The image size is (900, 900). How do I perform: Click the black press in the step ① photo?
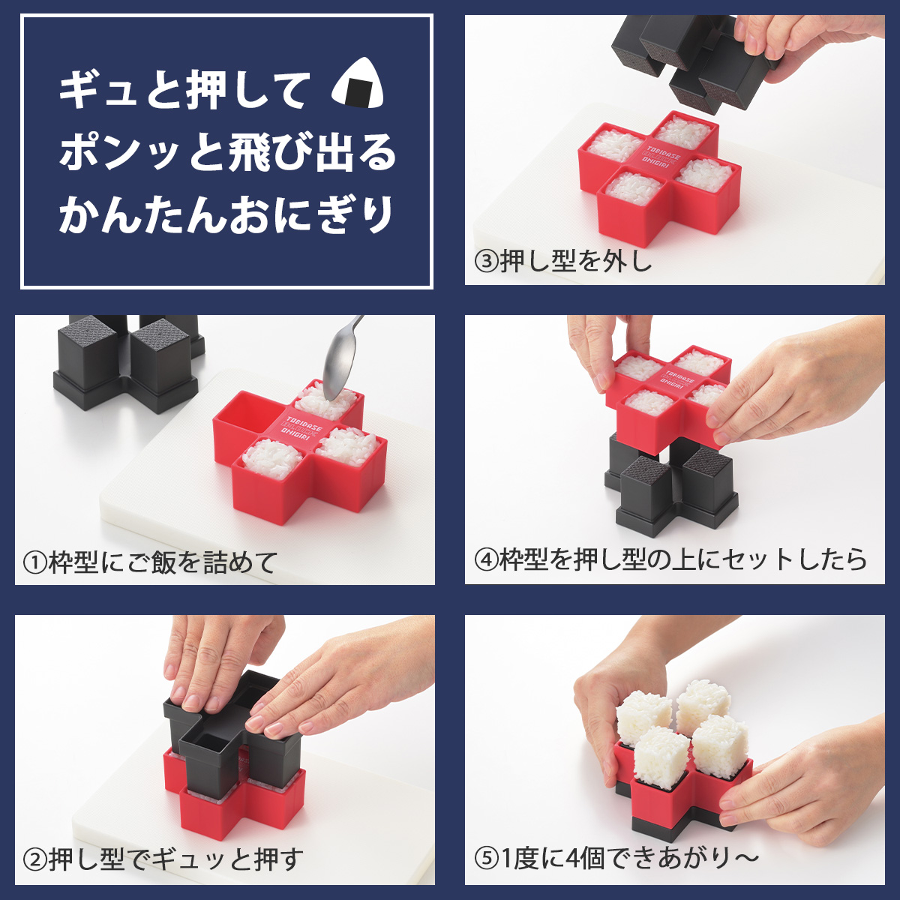(128, 362)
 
